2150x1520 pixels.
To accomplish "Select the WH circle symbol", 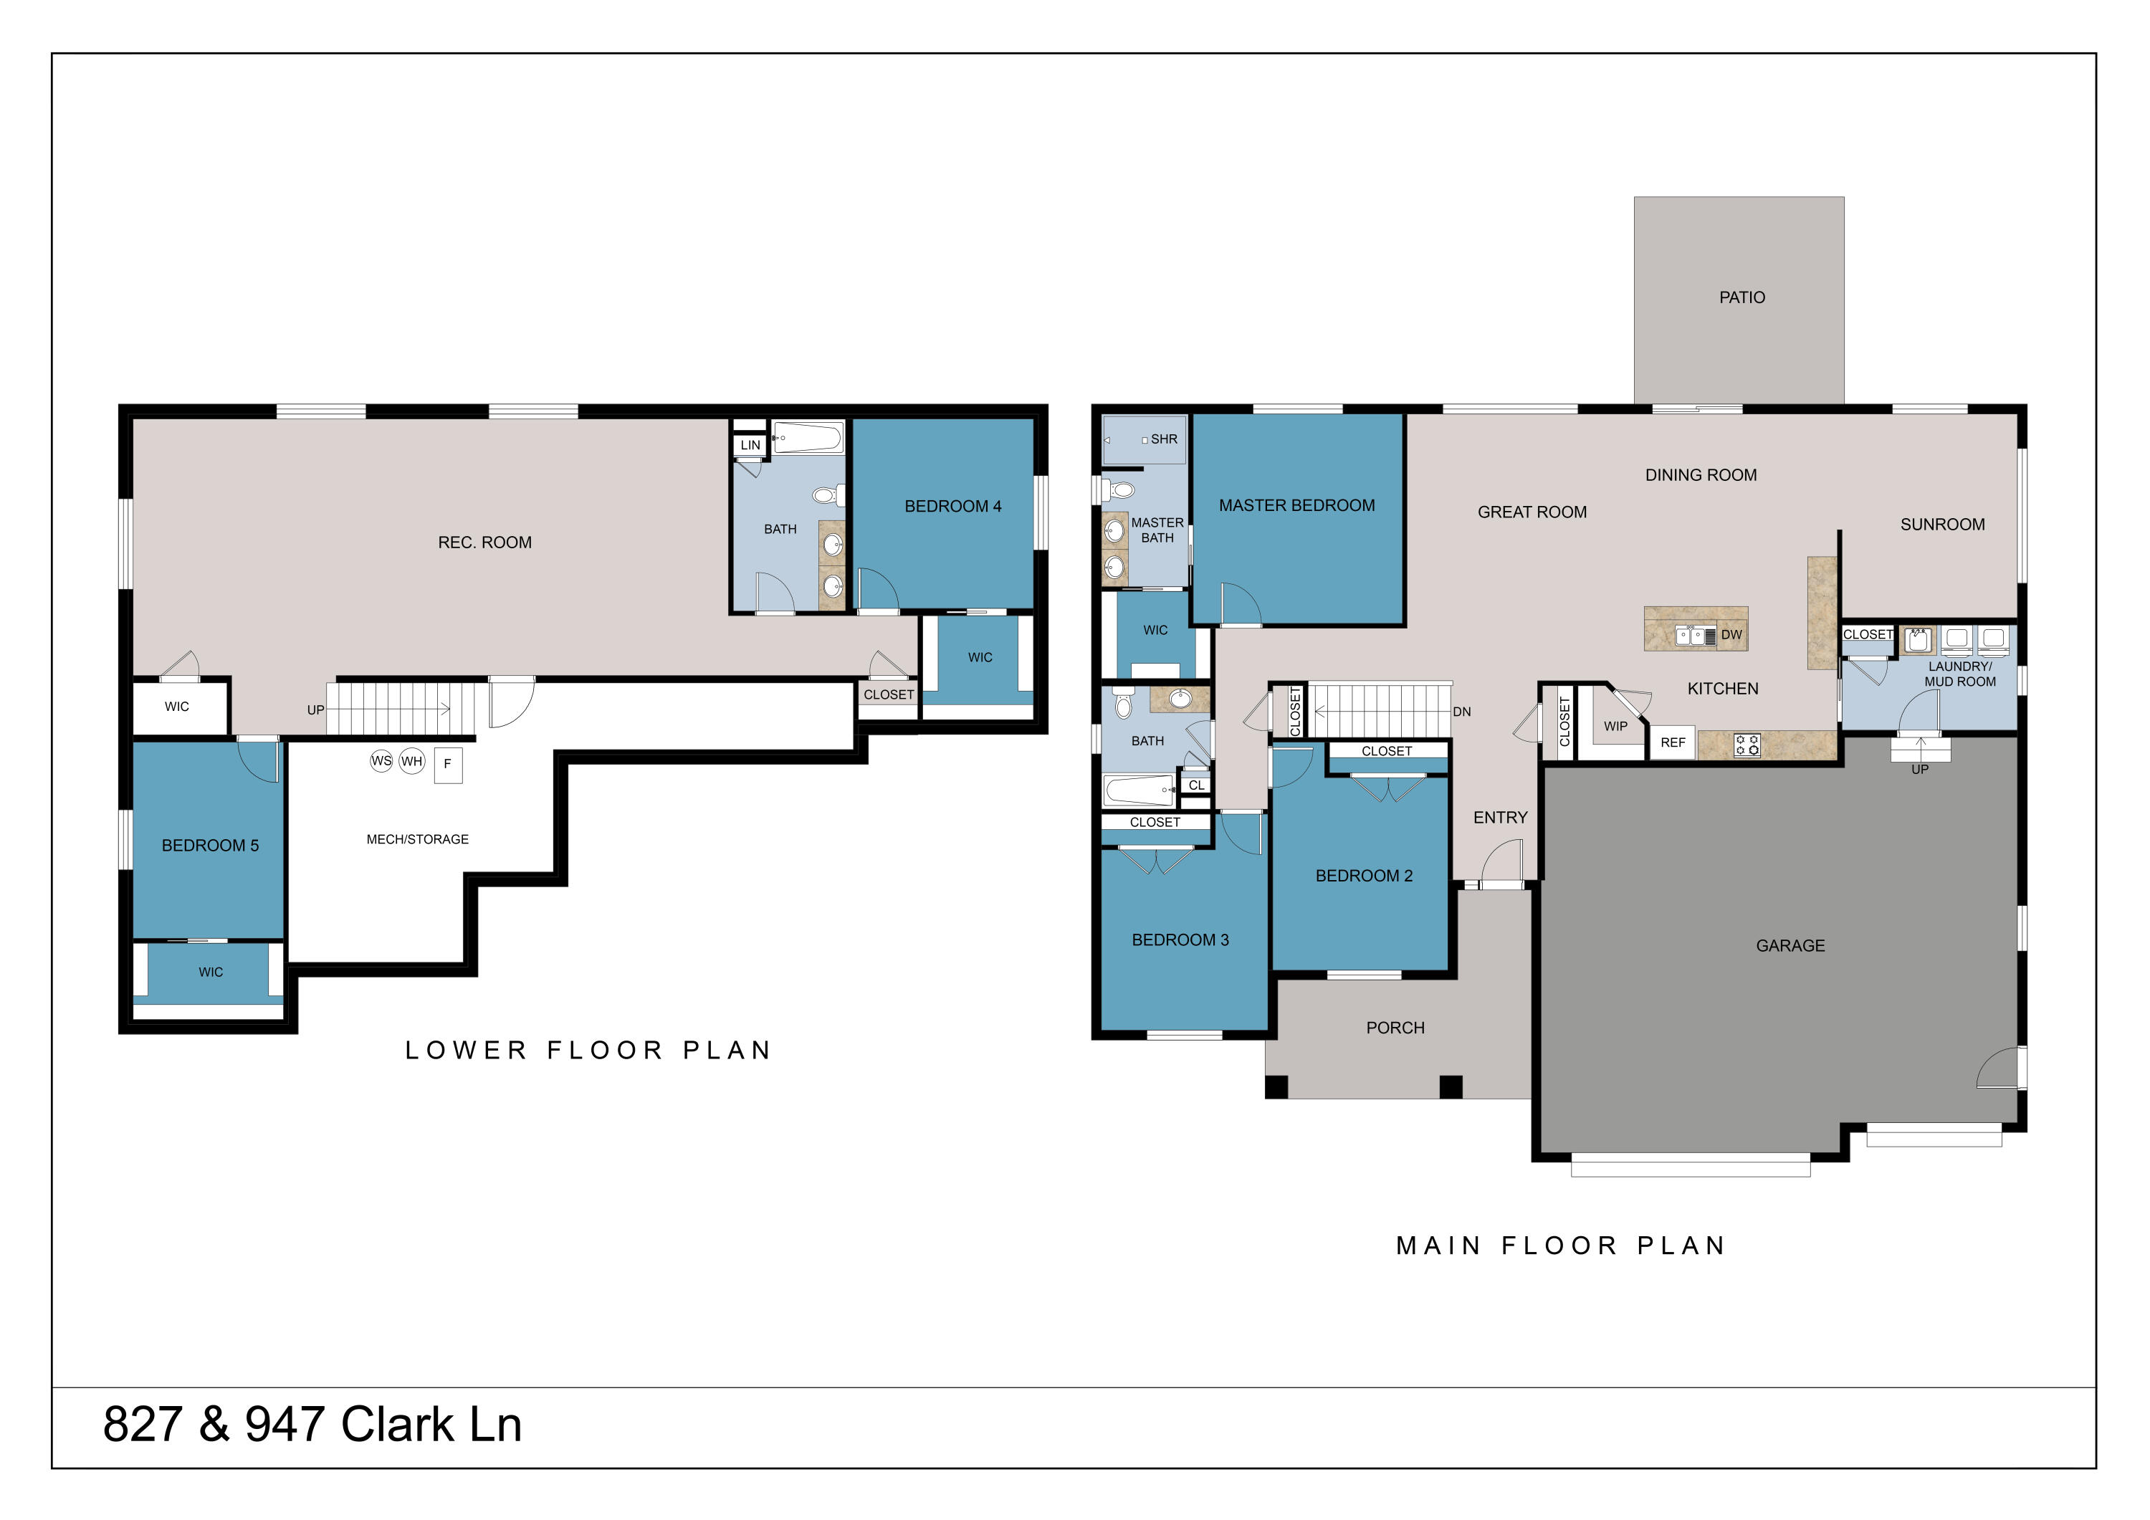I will pyautogui.click(x=412, y=760).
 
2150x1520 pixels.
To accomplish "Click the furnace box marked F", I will pyautogui.click(x=448, y=764).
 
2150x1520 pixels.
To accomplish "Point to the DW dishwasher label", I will pyautogui.click(x=1731, y=634).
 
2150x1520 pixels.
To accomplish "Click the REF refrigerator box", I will pyautogui.click(x=1673, y=742).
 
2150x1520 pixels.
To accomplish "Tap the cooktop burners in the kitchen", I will pyautogui.click(x=1747, y=745).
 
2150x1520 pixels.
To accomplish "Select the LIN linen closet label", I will pyautogui.click(x=750, y=445).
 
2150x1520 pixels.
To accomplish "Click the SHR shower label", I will pyautogui.click(x=1164, y=439).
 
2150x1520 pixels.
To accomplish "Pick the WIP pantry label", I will pyautogui.click(x=1615, y=726).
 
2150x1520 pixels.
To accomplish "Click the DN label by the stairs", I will pyautogui.click(x=1462, y=712).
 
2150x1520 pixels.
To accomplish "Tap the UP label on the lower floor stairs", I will pyautogui.click(x=315, y=710).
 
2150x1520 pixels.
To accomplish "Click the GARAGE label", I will pyautogui.click(x=1790, y=945).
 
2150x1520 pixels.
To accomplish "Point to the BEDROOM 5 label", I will pyautogui.click(x=210, y=845).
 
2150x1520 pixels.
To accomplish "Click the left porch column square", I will pyautogui.click(x=1276, y=1086).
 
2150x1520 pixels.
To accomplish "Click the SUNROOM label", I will pyautogui.click(x=1941, y=525).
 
